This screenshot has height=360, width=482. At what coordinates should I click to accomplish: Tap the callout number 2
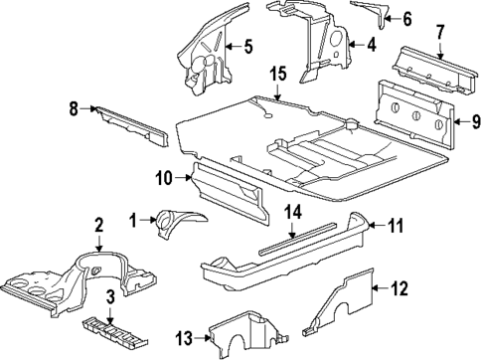98,228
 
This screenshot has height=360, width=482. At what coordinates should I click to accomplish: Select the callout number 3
111,297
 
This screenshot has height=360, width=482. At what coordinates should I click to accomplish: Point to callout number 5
247,45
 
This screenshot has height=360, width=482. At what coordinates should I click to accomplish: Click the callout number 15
277,75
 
